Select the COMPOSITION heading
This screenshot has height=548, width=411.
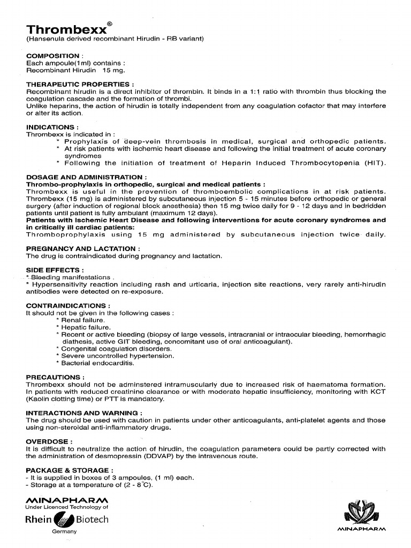(x=52, y=56)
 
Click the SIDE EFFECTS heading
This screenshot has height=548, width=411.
(x=55, y=270)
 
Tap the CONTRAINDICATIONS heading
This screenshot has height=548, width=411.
(x=65, y=306)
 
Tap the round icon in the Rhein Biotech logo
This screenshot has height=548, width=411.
(x=64, y=519)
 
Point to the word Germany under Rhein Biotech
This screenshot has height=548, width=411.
(x=64, y=531)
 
